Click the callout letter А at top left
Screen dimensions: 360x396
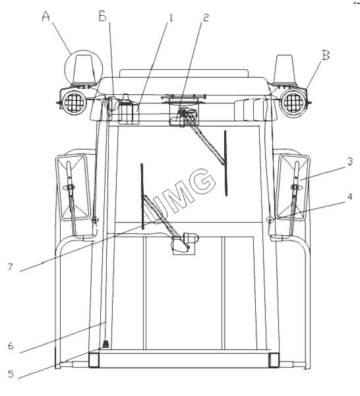[x=45, y=16]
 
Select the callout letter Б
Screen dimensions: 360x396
[x=103, y=16]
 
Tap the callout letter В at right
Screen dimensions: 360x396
[x=326, y=55]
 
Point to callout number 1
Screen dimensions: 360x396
[x=171, y=18]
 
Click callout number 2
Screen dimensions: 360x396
[x=206, y=17]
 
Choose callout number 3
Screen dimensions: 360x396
[x=349, y=161]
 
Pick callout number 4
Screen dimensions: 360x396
[x=349, y=197]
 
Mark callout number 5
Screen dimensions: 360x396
[x=11, y=374]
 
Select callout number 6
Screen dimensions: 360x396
[x=11, y=346]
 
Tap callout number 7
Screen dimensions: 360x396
[x=10, y=267]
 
